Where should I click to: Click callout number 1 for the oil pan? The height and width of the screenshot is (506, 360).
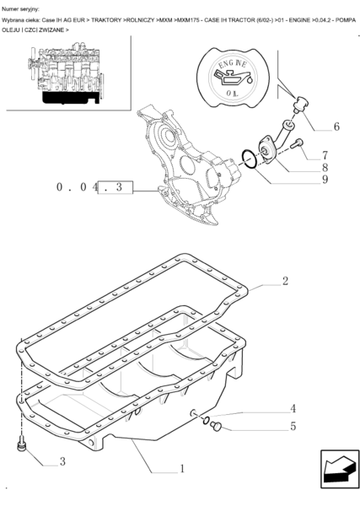[182, 469]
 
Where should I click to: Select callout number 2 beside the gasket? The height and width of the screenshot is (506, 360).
[285, 281]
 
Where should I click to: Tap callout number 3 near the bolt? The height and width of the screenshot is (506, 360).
[62, 461]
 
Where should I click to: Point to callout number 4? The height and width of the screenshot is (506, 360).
[293, 408]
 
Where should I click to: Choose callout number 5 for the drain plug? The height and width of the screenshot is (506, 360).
[293, 426]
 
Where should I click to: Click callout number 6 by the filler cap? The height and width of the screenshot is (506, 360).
[336, 126]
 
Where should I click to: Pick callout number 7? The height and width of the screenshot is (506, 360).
[325, 155]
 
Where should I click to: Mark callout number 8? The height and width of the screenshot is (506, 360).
[325, 167]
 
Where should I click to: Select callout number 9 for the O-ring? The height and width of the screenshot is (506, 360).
[325, 179]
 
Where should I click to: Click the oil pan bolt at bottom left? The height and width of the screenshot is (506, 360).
[22, 443]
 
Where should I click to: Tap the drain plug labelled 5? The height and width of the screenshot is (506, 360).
[216, 426]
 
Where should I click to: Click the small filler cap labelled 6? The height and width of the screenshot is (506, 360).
[301, 104]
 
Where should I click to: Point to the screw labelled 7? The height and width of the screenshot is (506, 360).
[297, 143]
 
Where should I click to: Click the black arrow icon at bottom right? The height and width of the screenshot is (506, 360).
[340, 469]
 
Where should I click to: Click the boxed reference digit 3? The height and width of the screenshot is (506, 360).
[119, 187]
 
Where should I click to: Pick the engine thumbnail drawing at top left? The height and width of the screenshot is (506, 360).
[65, 73]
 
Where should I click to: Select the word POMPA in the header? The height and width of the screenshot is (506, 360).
[346, 20]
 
